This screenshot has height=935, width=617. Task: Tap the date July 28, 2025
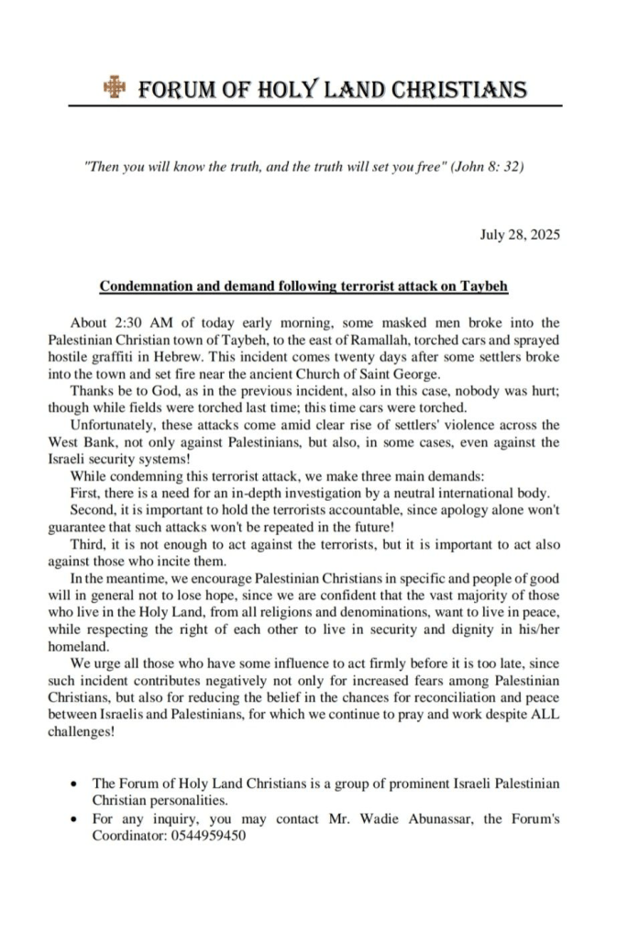(x=520, y=235)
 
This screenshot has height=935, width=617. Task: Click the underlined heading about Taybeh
(x=303, y=286)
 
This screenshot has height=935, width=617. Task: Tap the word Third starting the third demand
(x=87, y=542)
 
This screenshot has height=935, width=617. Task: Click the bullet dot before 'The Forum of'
(x=73, y=785)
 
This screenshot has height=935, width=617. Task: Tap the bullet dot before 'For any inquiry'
(x=73, y=819)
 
